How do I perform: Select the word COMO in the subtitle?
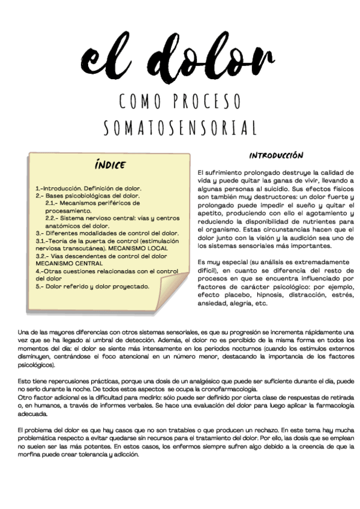click(x=140, y=101)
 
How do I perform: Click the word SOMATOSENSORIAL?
click(x=180, y=128)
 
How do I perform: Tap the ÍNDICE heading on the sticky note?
click(x=110, y=164)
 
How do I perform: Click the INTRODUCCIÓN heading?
click(x=276, y=155)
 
